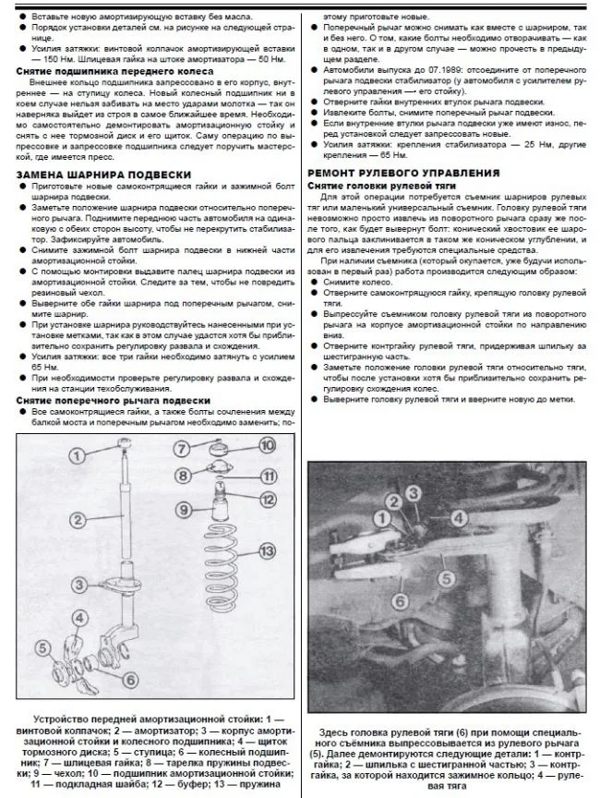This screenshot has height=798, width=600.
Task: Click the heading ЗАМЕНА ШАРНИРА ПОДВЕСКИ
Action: click(x=103, y=175)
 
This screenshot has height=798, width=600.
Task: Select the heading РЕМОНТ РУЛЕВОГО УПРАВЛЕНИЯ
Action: click(x=404, y=173)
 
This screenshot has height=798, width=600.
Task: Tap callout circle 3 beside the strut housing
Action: click(x=80, y=585)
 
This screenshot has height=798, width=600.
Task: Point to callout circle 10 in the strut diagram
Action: click(x=268, y=446)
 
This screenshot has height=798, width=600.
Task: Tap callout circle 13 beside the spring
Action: click(x=267, y=551)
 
